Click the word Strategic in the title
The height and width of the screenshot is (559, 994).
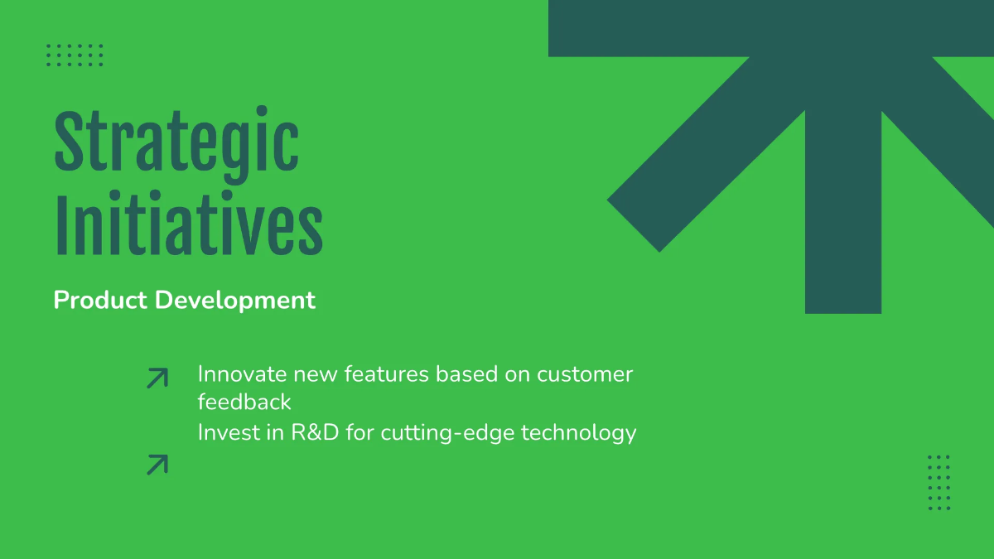[x=176, y=144]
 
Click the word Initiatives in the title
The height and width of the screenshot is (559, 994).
[x=189, y=223]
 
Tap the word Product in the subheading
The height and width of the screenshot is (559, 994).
[x=100, y=301]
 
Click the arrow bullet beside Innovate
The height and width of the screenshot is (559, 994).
[x=157, y=378]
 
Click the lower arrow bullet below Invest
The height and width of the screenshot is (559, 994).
[x=157, y=465]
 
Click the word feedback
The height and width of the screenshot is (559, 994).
[x=244, y=402]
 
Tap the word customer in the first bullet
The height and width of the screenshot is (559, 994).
[x=585, y=375]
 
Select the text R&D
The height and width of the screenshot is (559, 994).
[x=315, y=432]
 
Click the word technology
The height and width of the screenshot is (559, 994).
[x=579, y=434]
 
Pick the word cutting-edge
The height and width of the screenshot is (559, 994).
[x=448, y=434]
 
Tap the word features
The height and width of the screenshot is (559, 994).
[x=387, y=374]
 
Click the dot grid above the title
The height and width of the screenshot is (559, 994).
[x=75, y=55]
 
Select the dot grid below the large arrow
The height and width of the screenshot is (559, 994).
[x=939, y=483]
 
